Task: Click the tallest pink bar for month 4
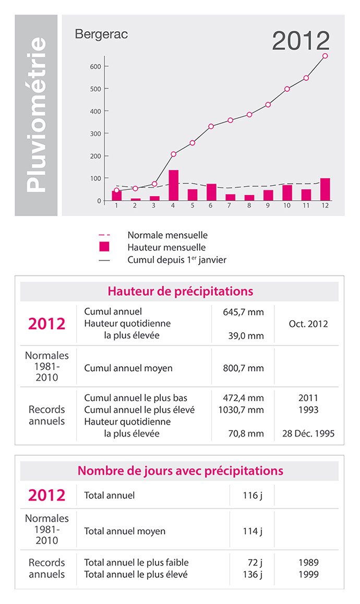[174, 185]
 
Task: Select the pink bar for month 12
[325, 189]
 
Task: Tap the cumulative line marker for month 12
[325, 56]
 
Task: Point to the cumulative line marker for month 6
[211, 126]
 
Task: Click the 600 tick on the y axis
[94, 66]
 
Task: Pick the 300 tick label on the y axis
[94, 134]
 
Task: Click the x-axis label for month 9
[268, 206]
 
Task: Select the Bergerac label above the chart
[101, 35]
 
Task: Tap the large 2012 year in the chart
[301, 42]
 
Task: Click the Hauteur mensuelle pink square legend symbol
[104, 247]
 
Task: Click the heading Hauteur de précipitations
[180, 291]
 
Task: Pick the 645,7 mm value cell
[241, 312]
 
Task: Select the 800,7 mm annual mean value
[241, 368]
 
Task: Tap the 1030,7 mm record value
[241, 410]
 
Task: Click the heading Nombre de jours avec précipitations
[180, 471]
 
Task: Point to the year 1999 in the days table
[308, 574]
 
